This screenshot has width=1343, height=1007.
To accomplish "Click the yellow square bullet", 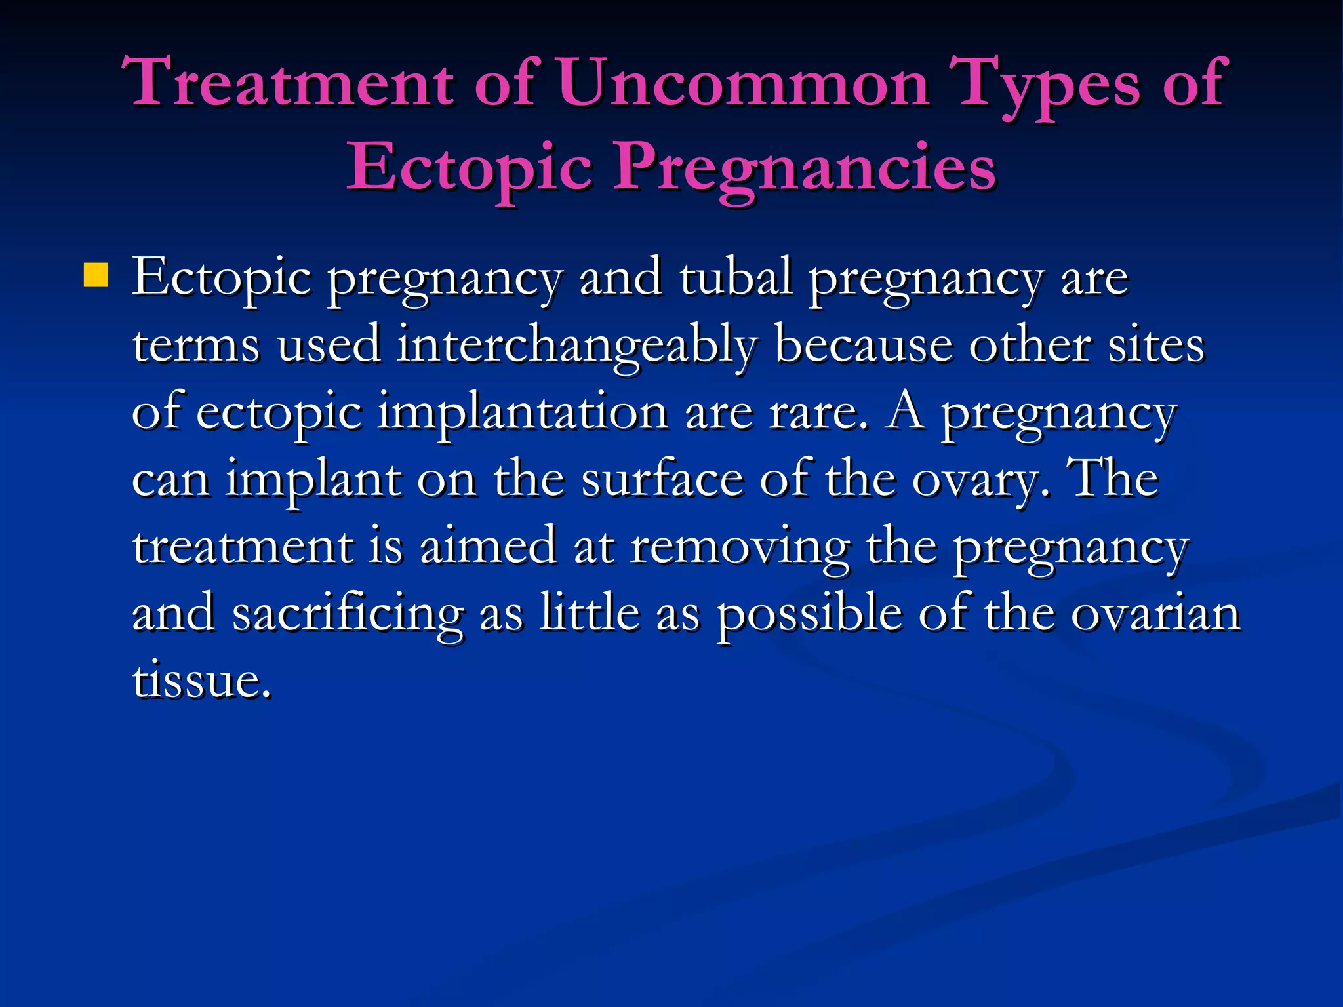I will [x=96, y=275].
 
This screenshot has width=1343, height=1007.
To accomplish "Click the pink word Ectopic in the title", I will [x=470, y=168].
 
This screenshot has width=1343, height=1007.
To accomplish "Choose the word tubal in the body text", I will [x=735, y=277].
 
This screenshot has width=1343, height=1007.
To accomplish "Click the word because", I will [x=864, y=345].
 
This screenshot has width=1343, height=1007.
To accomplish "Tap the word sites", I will [x=1156, y=345].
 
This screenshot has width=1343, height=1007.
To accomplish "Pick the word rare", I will [x=818, y=413].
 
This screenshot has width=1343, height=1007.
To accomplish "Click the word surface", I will [x=662, y=479].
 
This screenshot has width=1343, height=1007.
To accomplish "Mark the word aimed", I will [x=488, y=546].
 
